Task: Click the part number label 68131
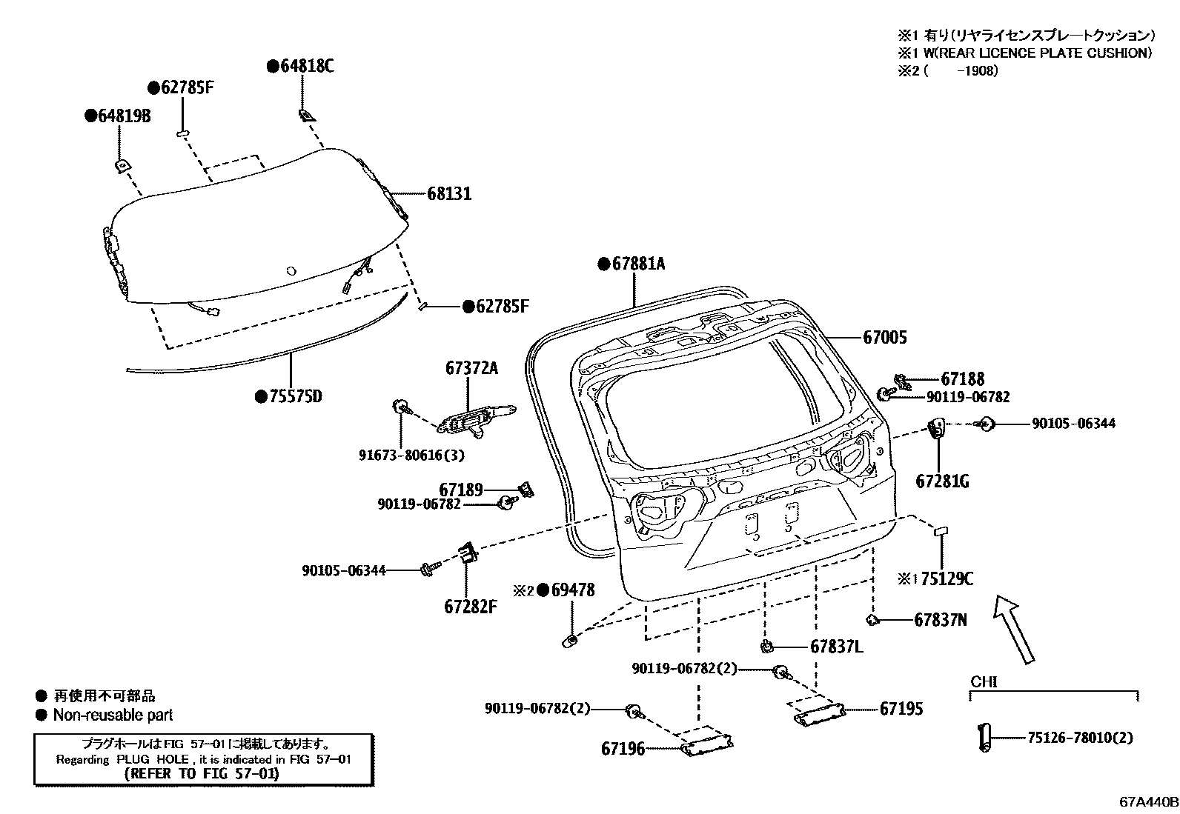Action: [x=449, y=194]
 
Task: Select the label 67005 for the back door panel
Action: [x=884, y=338]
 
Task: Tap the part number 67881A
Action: [x=638, y=264]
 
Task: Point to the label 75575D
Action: [x=295, y=397]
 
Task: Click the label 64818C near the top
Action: [x=306, y=67]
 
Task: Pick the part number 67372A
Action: [x=472, y=368]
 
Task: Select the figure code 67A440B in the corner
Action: [x=1148, y=801]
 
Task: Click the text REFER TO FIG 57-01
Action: [x=202, y=774]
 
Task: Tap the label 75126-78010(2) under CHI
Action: [x=1079, y=738]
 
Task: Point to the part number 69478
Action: [x=572, y=590]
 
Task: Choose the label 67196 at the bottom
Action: [x=623, y=749]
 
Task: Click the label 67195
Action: [x=901, y=709]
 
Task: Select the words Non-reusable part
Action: [x=113, y=715]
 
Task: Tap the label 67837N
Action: [x=940, y=620]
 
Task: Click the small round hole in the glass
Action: [x=291, y=271]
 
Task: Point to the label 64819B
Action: [x=123, y=116]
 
